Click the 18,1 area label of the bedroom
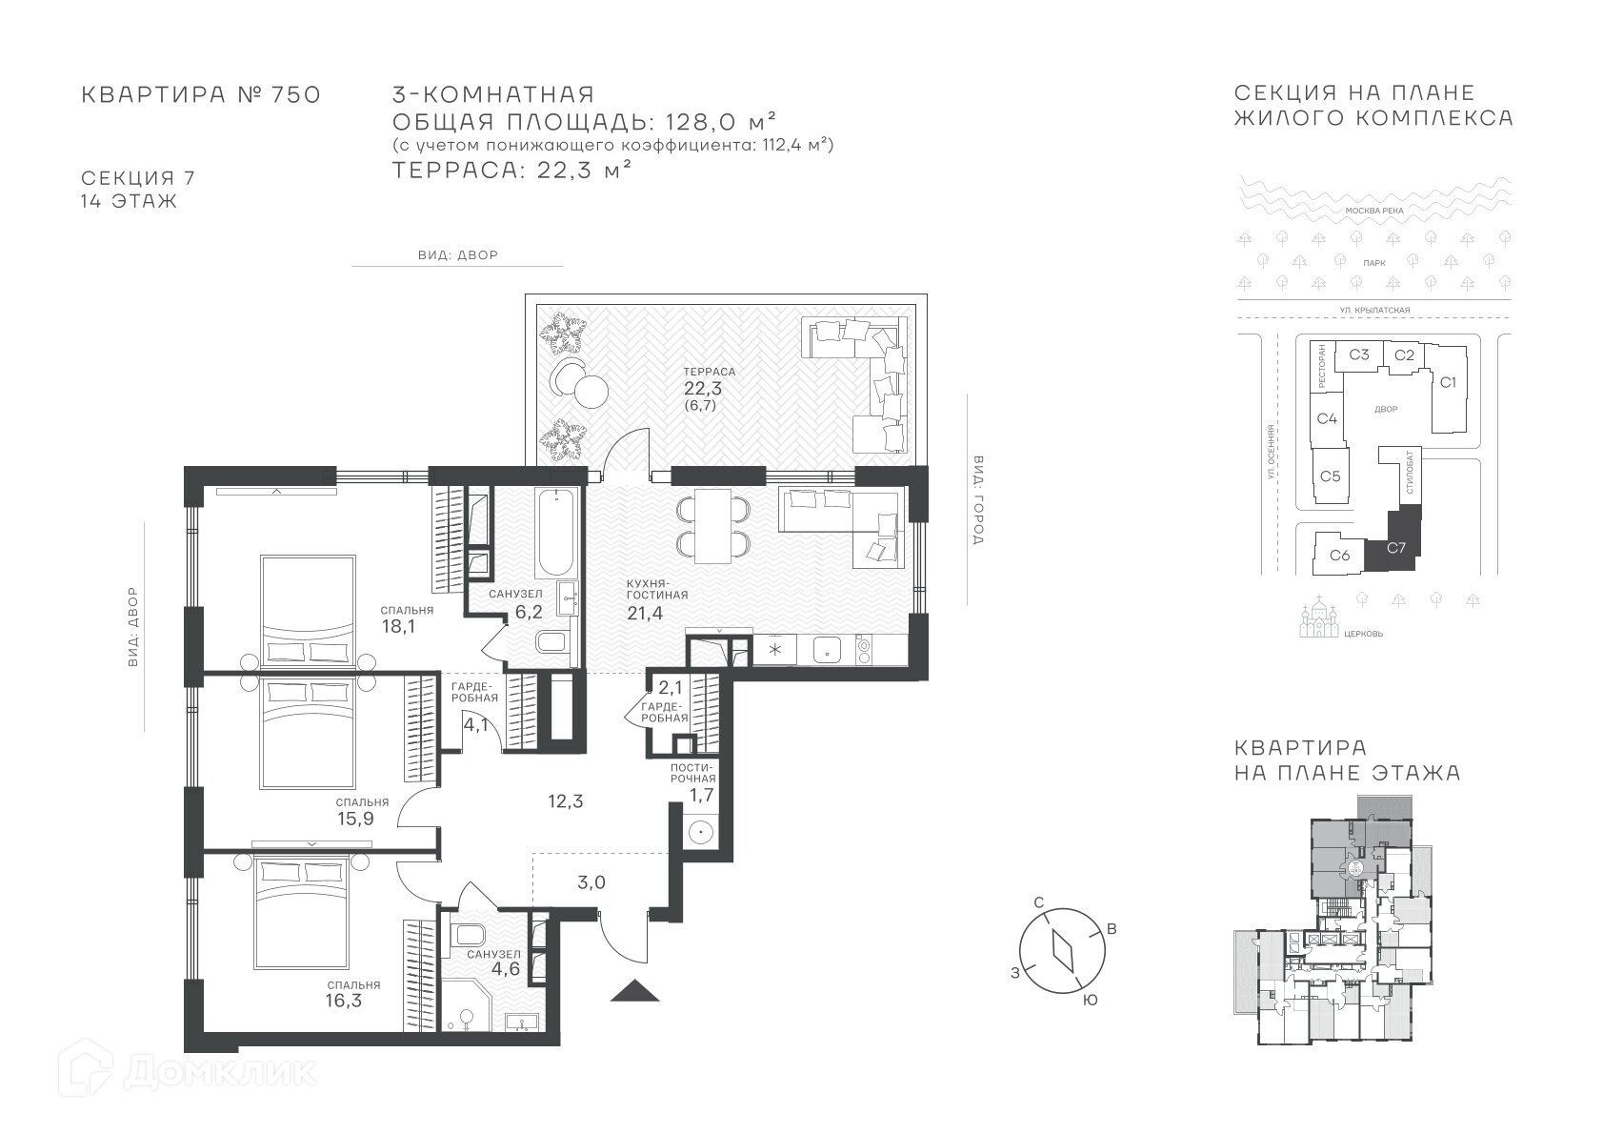[x=398, y=626]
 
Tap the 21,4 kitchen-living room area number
[x=645, y=613]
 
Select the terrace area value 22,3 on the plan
[x=703, y=389]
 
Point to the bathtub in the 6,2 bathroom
[x=556, y=533]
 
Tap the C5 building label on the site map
[x=1330, y=476]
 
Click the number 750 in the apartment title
[x=295, y=94]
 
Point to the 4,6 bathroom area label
[x=505, y=969]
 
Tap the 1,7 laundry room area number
[x=701, y=795]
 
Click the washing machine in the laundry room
[x=701, y=832]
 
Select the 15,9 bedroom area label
[x=355, y=819]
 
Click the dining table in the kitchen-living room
[x=713, y=525]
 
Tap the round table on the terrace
[x=591, y=392]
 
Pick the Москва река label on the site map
[x=1374, y=211]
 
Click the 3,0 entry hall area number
[x=591, y=882]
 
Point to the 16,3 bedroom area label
[x=344, y=1001]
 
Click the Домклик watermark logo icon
[x=85, y=1068]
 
